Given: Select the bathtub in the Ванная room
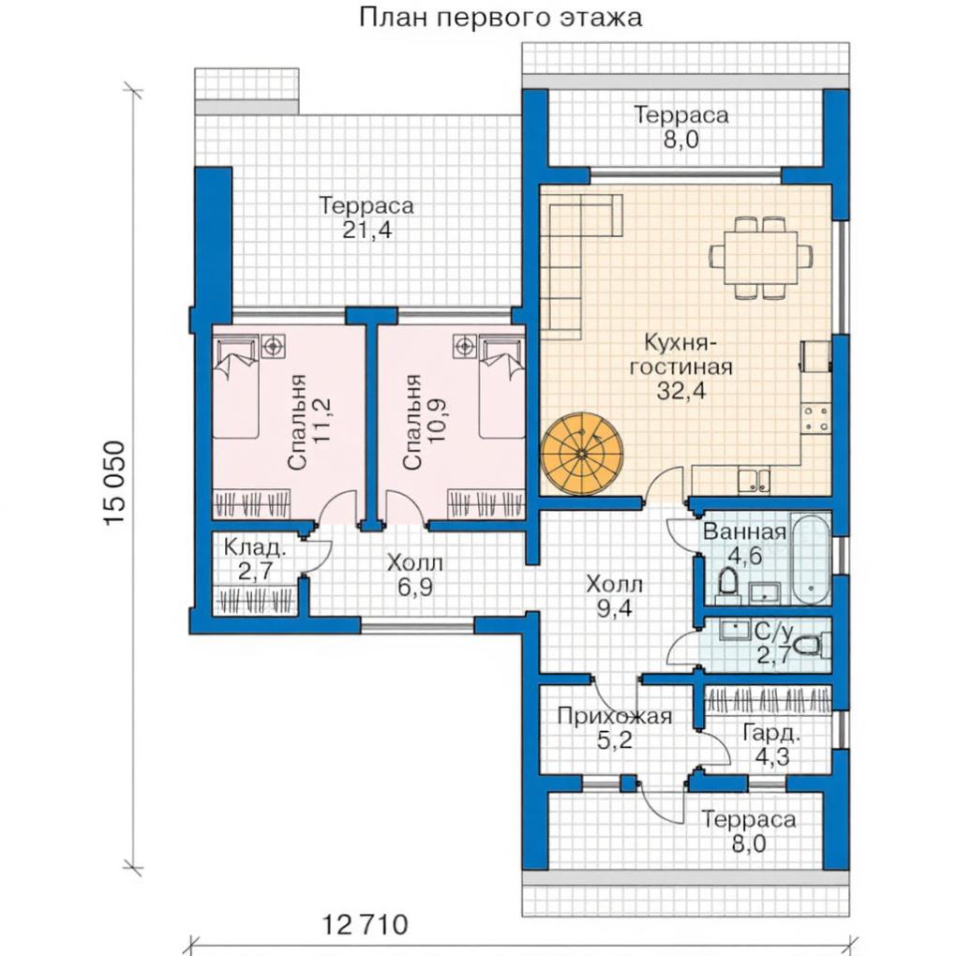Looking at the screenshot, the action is pyautogui.click(x=812, y=560).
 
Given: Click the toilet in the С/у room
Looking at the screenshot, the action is pyautogui.click(x=814, y=645).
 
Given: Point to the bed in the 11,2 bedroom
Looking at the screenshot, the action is pyautogui.click(x=236, y=388).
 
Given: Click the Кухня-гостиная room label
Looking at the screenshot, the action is pyautogui.click(x=681, y=366).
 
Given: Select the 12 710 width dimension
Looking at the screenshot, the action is pyautogui.click(x=365, y=925).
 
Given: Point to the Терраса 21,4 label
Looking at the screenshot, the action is pyautogui.click(x=366, y=217).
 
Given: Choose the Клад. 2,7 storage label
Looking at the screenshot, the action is pyautogui.click(x=254, y=560).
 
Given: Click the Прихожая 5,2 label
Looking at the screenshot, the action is pyautogui.click(x=615, y=727).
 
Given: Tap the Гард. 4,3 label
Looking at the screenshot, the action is pyautogui.click(x=772, y=744).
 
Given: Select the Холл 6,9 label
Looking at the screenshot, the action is pyautogui.click(x=415, y=575).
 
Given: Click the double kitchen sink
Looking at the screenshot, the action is pyautogui.click(x=754, y=481).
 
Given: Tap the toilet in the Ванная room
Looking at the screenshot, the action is pyautogui.click(x=726, y=584).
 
